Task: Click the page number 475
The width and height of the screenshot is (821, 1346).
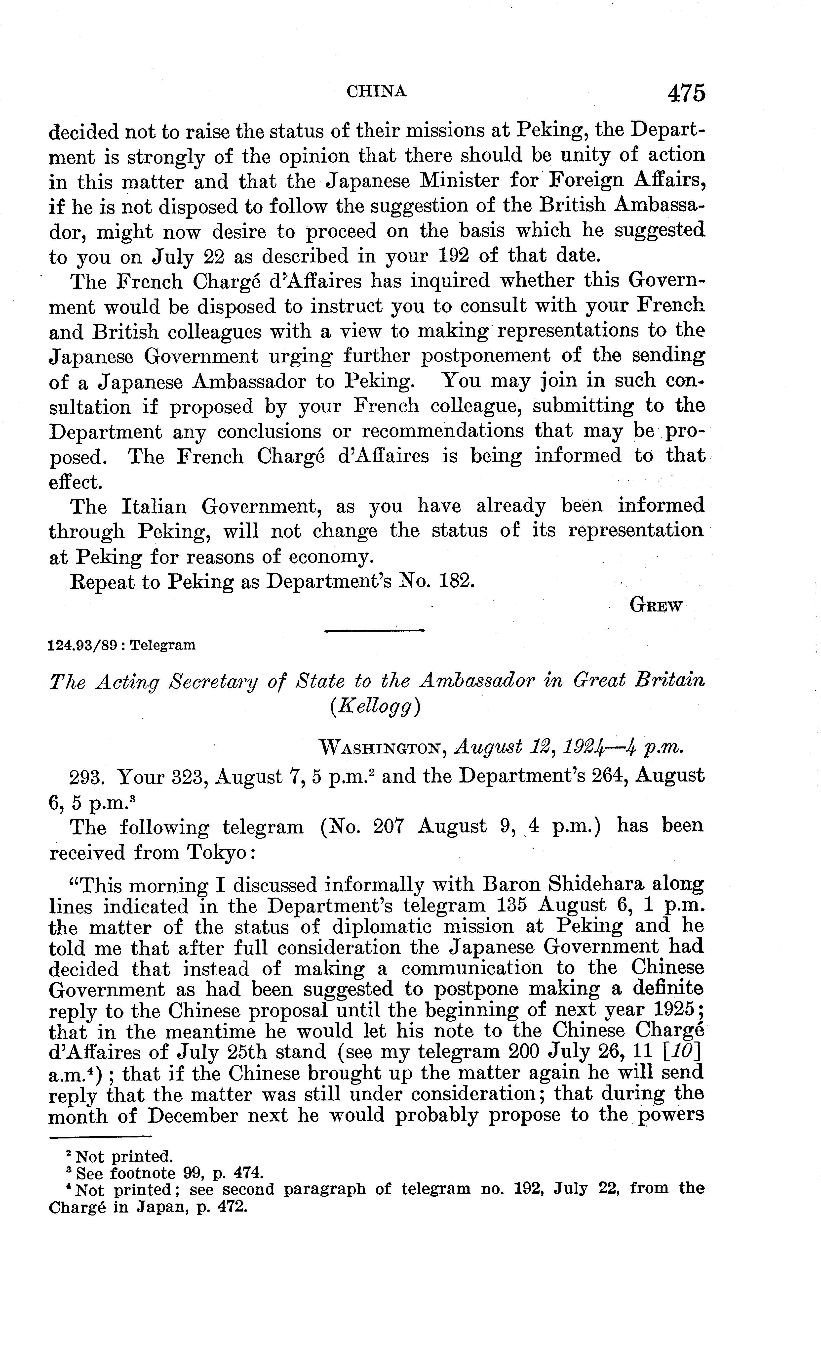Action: pos(686,93)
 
